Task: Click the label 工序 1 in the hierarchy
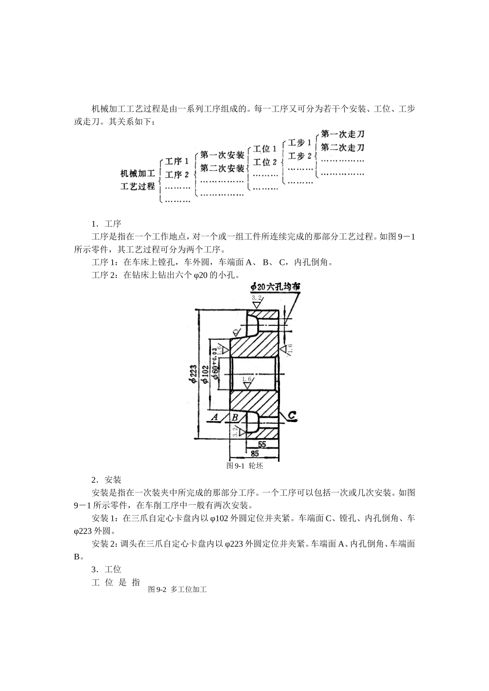pos(177,161)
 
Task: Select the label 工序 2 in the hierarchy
pos(177,175)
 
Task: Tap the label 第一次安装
pos(222,155)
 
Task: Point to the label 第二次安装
pos(222,168)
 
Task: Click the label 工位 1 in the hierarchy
pos(265,149)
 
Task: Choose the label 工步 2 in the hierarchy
pos(300,156)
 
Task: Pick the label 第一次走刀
pos(342,134)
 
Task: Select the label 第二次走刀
pos(342,148)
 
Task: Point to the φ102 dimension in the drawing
pos(204,374)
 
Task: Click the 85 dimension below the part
pos(255,453)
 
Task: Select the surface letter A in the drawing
pos(215,417)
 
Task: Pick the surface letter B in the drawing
pos(234,417)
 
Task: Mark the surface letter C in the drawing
pos(291,415)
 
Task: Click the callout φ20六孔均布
pos(275,287)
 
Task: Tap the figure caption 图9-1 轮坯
pos(245,465)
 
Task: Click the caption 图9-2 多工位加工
pos(177,590)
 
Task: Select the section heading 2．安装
pos(106,480)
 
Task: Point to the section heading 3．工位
pos(106,570)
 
